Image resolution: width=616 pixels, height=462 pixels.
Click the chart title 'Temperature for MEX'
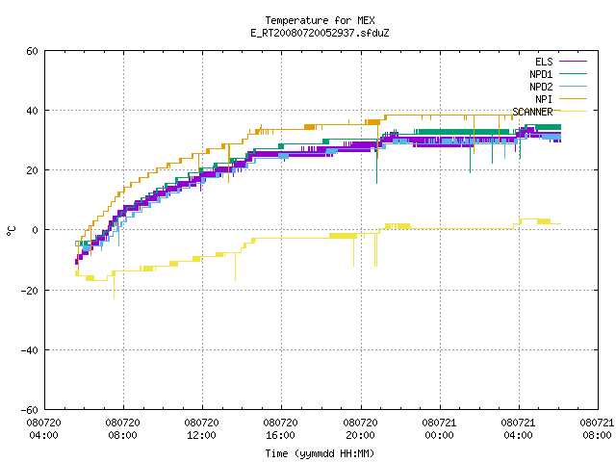(x=320, y=20)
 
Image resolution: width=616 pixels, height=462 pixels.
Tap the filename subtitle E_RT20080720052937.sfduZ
(x=320, y=33)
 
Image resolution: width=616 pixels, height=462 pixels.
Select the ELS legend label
(x=544, y=62)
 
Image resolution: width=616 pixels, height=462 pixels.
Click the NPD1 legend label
(x=541, y=74)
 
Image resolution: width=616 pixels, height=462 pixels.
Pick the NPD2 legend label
(x=541, y=87)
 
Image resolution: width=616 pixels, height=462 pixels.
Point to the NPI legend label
(x=544, y=99)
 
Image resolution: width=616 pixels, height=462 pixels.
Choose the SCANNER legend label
(x=532, y=112)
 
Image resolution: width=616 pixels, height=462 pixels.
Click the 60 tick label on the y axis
(x=32, y=51)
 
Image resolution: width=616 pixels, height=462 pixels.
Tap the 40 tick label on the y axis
(x=32, y=111)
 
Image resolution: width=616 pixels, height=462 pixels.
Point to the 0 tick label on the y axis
(x=36, y=230)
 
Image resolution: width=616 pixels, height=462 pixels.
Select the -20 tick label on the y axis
(x=30, y=291)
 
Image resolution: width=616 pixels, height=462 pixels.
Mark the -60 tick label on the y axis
(x=30, y=410)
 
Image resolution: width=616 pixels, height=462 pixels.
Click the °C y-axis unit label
(x=11, y=231)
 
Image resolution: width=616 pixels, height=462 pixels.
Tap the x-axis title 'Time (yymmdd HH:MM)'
(x=320, y=453)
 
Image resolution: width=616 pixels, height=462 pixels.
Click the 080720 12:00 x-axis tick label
(x=201, y=429)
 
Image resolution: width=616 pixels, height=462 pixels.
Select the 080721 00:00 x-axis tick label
(x=439, y=429)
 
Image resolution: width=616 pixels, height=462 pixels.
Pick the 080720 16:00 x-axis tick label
(x=280, y=429)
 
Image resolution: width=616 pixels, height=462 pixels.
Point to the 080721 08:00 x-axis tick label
(x=597, y=429)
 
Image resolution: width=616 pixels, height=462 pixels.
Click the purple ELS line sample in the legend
(x=574, y=62)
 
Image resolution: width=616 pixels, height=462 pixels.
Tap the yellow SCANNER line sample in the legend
(x=574, y=112)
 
